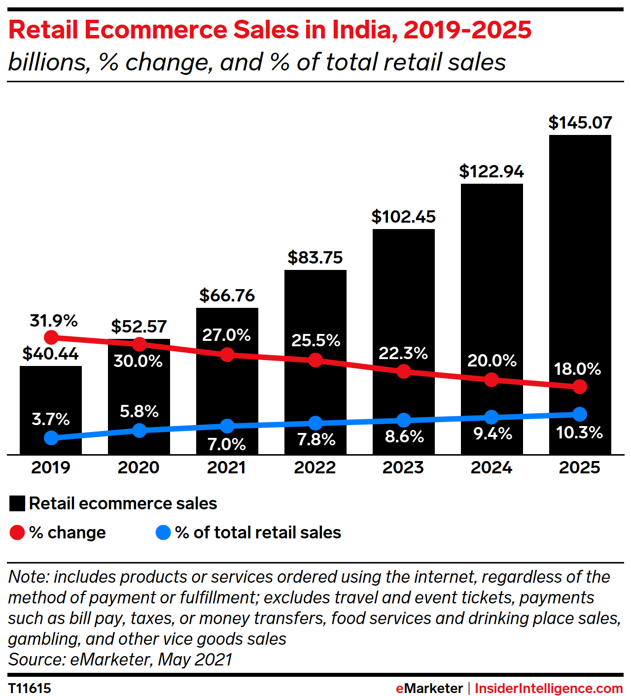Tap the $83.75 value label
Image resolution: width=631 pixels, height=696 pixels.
(315, 258)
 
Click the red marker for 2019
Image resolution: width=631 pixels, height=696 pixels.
(51, 337)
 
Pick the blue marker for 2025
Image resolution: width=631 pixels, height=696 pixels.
(580, 414)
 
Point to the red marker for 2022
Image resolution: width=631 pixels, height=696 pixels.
(315, 360)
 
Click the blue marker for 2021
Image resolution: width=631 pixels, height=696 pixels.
(227, 426)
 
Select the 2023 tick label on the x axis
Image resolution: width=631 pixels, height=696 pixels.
(403, 467)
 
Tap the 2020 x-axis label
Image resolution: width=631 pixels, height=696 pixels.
(139, 467)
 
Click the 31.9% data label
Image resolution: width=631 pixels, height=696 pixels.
(54, 321)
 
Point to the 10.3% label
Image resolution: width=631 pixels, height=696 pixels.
(579, 432)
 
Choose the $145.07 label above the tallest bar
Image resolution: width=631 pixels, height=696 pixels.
(580, 123)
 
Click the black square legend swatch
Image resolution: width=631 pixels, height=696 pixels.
(17, 503)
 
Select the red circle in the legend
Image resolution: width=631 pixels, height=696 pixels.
(17, 532)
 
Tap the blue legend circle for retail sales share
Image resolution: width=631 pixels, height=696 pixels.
(163, 532)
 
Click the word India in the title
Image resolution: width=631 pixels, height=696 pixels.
(361, 30)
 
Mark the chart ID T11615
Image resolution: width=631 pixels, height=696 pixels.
(30, 688)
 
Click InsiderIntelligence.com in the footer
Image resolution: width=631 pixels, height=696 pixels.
(549, 688)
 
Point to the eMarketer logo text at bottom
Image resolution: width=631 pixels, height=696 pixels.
(429, 688)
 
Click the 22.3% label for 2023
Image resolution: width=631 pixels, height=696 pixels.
(403, 353)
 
